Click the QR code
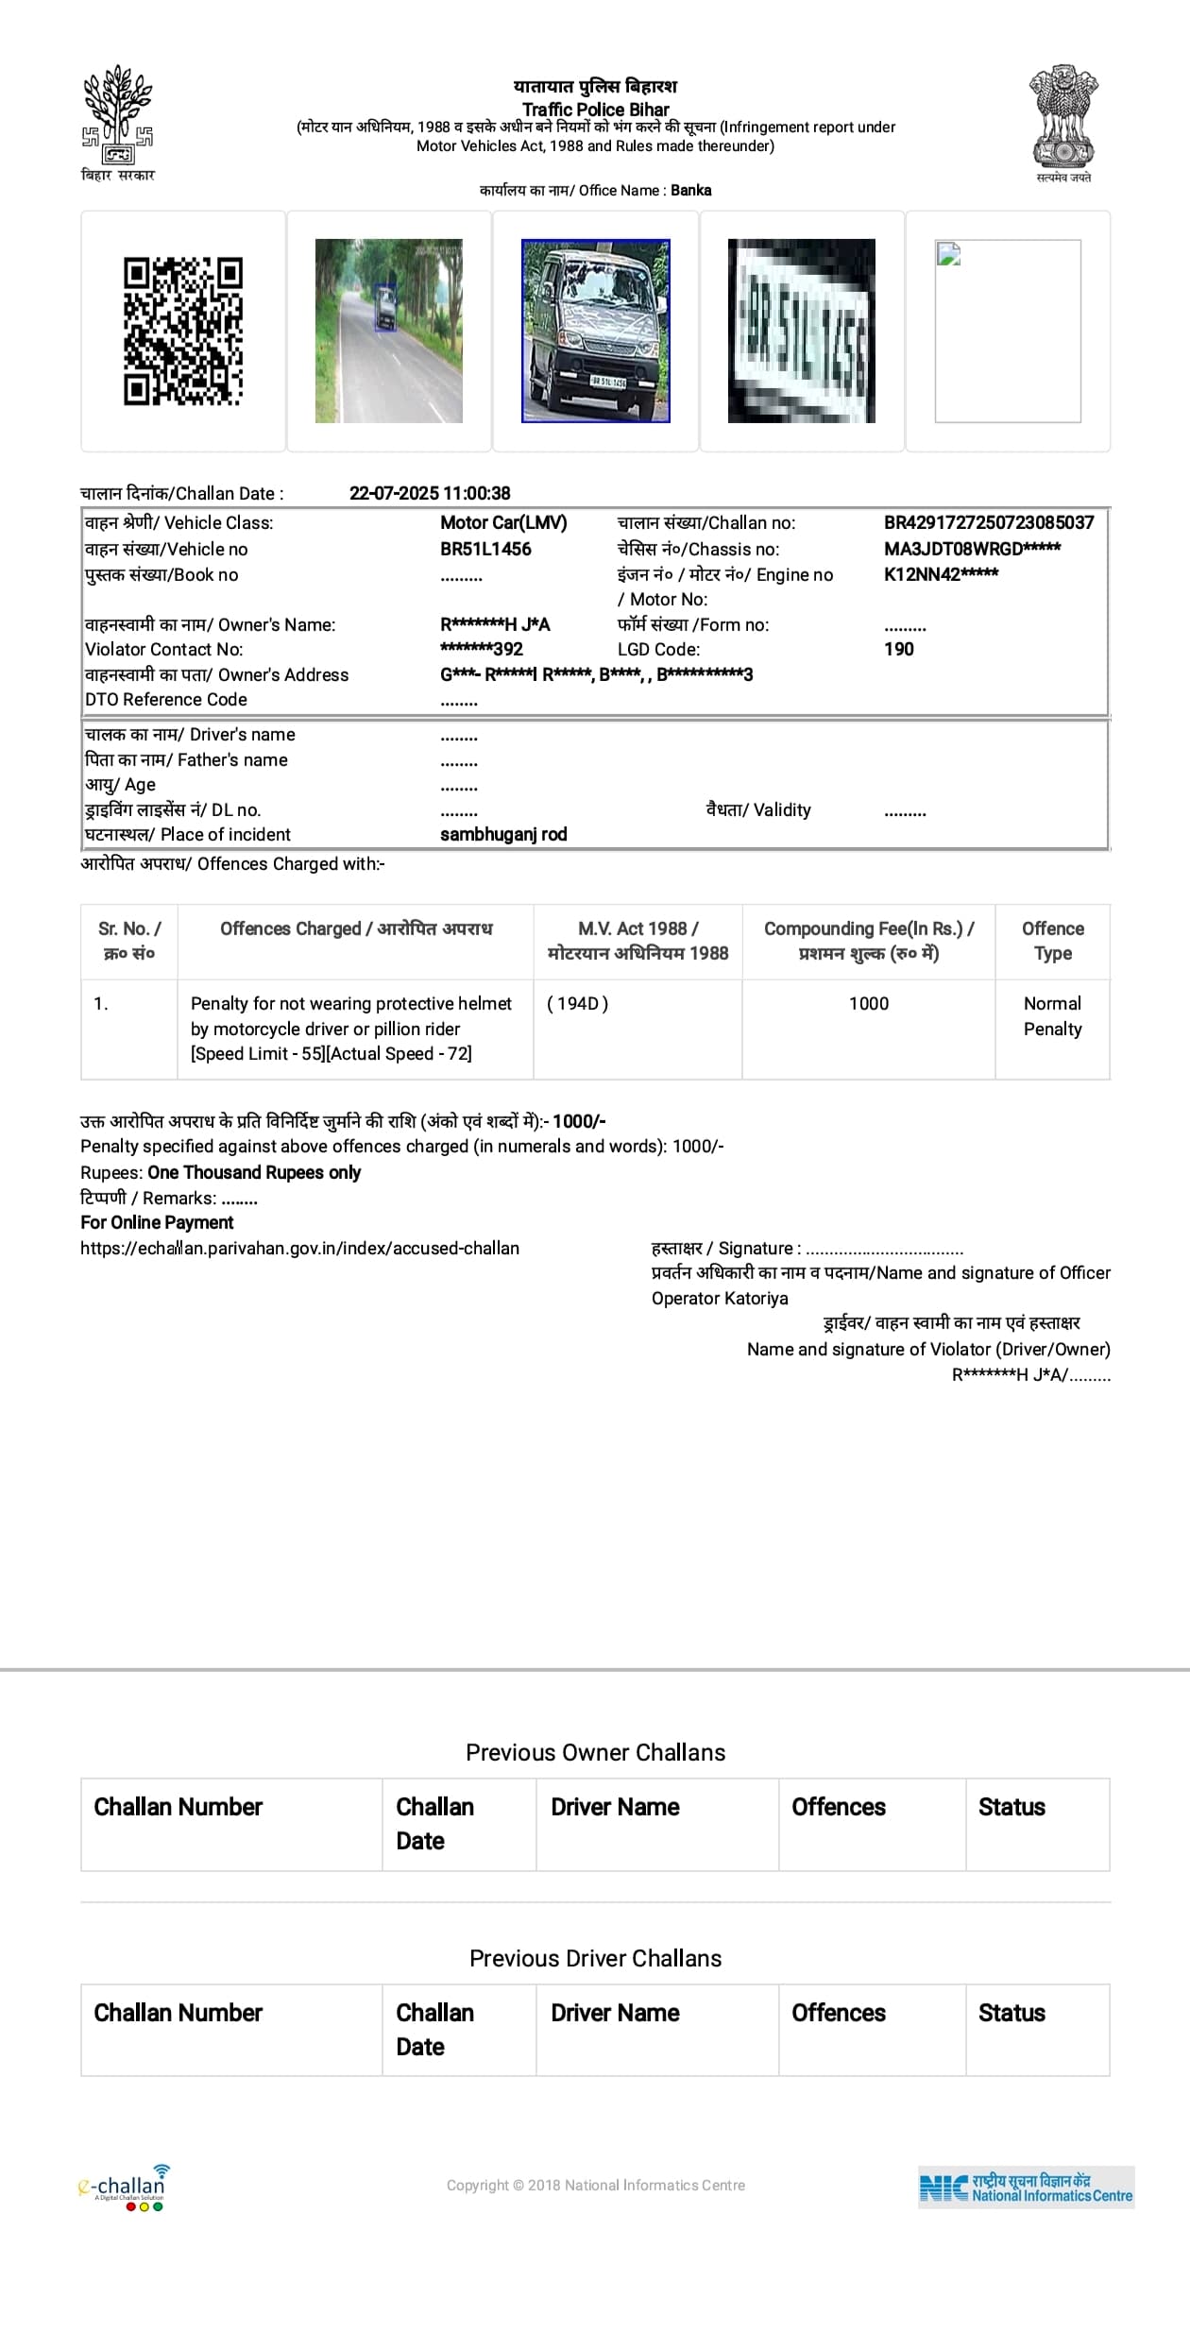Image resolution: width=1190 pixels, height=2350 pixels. click(x=183, y=332)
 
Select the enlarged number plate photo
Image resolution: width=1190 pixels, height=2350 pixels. click(x=801, y=331)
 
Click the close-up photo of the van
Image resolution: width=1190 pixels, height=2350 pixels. click(x=595, y=331)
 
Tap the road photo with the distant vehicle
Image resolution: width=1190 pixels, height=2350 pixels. click(x=388, y=331)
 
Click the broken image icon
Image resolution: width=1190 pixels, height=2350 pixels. click(x=949, y=253)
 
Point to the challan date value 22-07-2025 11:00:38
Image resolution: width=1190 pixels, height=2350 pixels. click(x=430, y=493)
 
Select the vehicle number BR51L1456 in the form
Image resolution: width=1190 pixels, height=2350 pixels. click(x=485, y=549)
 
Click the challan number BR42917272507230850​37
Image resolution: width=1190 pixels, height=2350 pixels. click(x=988, y=522)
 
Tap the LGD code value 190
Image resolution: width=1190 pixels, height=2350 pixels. click(x=898, y=649)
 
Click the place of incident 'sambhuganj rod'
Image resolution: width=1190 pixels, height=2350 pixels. click(x=503, y=834)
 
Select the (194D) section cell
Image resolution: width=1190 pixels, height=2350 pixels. click(x=578, y=1003)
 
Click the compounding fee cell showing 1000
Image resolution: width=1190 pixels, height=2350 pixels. click(x=868, y=1003)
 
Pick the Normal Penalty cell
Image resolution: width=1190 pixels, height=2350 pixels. click(x=1052, y=1016)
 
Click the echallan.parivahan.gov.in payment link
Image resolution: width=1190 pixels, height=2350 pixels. click(x=299, y=1248)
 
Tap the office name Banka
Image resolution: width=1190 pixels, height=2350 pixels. click(x=690, y=190)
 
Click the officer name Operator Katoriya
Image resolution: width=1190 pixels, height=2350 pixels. click(x=720, y=1298)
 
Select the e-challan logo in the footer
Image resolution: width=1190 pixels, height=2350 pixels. click(x=123, y=2186)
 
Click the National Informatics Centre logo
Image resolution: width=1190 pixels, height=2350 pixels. click(x=1026, y=2187)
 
